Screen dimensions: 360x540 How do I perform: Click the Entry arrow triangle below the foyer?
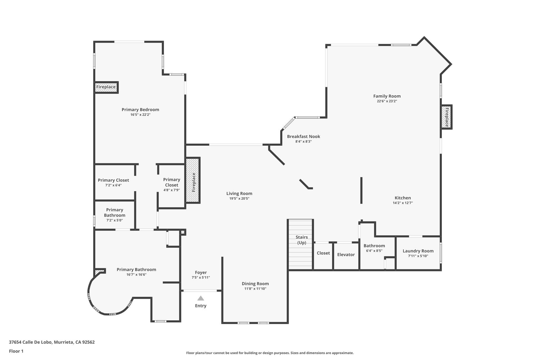point(201,298)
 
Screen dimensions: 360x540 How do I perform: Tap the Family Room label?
point(387,96)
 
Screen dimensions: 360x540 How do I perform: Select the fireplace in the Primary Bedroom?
point(106,87)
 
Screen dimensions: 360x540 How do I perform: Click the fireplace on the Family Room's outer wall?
point(447,117)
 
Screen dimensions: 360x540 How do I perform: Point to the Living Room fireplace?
point(193,181)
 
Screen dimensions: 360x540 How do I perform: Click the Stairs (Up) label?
point(302,240)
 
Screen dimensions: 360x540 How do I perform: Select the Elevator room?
point(346,255)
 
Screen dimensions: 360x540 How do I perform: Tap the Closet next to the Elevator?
point(323,253)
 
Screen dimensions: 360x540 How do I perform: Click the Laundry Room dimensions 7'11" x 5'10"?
point(418,256)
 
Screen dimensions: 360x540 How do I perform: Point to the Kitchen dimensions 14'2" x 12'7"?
point(403,203)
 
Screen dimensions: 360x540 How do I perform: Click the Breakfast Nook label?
point(303,136)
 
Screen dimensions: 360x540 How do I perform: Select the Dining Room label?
point(255,284)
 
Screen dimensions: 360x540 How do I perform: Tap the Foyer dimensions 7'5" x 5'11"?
point(201,277)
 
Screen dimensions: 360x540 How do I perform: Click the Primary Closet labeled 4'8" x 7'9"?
point(172,185)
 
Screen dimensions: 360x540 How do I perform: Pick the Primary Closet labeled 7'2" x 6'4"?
point(113,182)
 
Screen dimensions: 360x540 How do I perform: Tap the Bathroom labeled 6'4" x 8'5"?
point(374,248)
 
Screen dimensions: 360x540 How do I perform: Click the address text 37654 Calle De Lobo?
point(52,342)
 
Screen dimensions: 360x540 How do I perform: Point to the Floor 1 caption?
point(16,351)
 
